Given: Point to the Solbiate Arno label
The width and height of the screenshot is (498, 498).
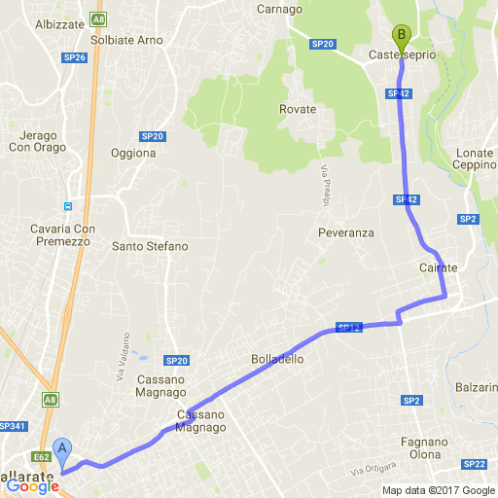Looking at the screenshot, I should pos(125,41).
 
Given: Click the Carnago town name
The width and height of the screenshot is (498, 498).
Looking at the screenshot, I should pos(280,9).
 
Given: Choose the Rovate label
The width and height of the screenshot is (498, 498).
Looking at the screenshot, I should pos(297,109).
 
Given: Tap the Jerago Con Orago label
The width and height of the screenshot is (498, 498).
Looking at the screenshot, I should pos(37,141).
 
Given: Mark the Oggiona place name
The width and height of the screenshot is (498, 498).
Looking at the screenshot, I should pos(133,153).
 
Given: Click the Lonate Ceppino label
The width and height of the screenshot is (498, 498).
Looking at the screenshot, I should pos(474,159).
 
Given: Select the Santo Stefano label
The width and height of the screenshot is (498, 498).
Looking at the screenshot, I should pos(150,247).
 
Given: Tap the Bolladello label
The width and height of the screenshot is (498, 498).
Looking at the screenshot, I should pos(277,359).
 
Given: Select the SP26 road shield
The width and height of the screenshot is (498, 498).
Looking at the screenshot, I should pos(74,58).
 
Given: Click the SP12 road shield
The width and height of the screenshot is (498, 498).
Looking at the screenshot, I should pos(349,328).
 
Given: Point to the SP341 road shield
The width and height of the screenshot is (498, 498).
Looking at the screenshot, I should pos(12,426).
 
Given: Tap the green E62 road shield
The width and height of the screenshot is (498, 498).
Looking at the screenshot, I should pos(41,455).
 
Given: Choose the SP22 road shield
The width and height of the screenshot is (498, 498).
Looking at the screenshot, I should pos(475,464).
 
